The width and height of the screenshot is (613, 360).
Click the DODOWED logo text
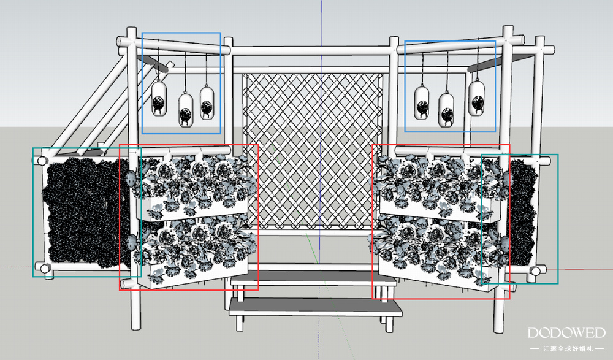click(566, 333)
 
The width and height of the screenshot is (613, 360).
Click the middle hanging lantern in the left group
click(186, 110)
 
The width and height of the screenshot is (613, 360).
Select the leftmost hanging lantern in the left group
click(159, 98)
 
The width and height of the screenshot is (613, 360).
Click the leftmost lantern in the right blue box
click(422, 103)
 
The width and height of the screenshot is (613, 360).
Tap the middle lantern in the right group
click(446, 110)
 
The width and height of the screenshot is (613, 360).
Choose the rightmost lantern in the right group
click(476, 98)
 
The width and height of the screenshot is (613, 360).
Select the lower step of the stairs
click(316, 307)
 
